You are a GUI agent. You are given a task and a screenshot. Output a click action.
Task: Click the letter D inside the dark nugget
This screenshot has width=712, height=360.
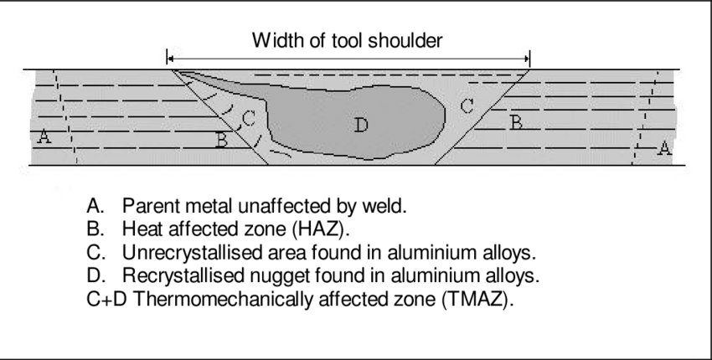click(x=361, y=125)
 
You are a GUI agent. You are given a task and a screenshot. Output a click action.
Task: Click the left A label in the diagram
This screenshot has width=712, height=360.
click(x=44, y=136)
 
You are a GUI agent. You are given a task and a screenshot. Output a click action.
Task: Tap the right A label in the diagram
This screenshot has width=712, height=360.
click(x=664, y=148)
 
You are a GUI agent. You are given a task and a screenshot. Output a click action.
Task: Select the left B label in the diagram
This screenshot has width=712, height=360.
click(x=221, y=140)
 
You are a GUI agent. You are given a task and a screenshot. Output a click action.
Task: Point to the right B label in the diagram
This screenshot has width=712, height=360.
click(x=516, y=122)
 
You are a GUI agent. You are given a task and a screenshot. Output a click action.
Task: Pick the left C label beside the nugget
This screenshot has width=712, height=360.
click(x=249, y=119)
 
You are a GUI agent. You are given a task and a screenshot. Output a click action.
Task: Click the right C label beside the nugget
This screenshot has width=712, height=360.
click(x=467, y=106)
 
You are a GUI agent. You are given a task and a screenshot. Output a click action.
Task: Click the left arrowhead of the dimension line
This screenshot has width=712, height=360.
click(x=170, y=59)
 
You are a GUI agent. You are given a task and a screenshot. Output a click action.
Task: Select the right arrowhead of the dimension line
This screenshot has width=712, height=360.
click(x=527, y=59)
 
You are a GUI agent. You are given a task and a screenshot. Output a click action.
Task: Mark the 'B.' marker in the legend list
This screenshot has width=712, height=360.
click(x=95, y=229)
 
